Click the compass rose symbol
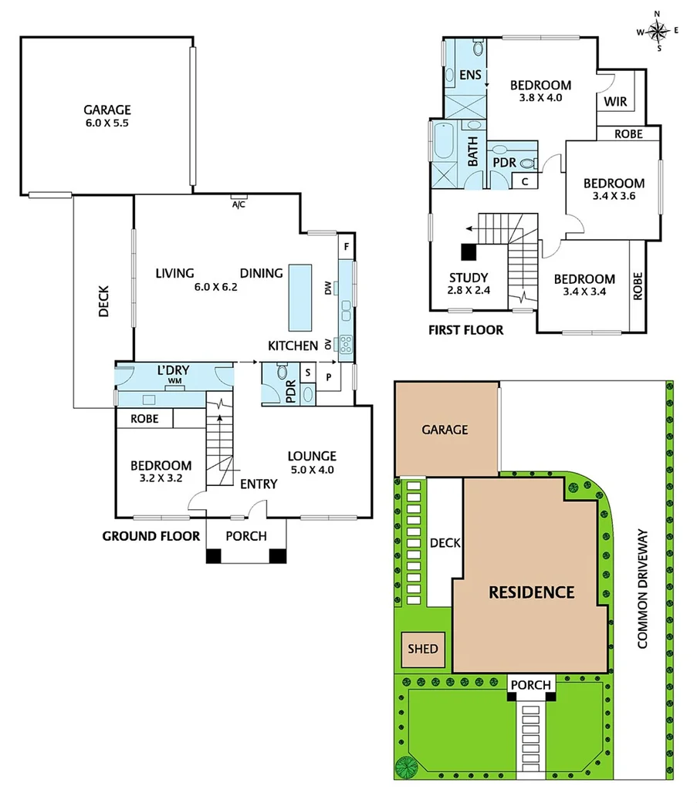point(658,31)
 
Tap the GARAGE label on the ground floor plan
point(107,110)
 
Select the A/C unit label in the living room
point(239,204)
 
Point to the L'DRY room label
point(174,371)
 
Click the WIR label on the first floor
point(614,102)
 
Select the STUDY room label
point(468,278)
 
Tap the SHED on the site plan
point(423,649)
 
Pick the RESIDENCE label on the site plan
point(532,592)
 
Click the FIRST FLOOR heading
point(465,330)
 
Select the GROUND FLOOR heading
point(151,536)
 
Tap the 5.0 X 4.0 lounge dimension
point(312,469)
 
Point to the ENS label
point(470,75)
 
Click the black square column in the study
point(469,251)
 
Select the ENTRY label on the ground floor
point(258,484)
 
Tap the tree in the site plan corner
point(406,767)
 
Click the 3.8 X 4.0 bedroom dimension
point(540,98)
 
